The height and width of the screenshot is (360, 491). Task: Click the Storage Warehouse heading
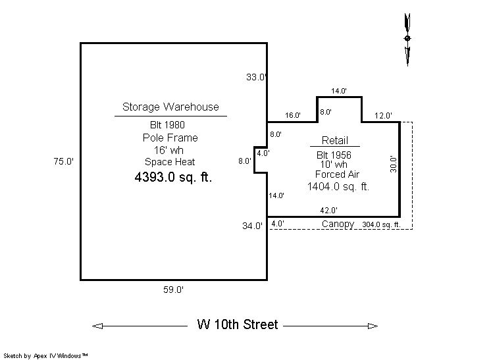tap(170, 107)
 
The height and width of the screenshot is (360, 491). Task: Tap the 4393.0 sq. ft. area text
tap(173, 177)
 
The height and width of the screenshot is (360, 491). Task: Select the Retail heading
tap(335, 140)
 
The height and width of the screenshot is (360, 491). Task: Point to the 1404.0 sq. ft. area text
tap(338, 186)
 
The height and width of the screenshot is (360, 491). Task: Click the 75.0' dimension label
tap(64, 161)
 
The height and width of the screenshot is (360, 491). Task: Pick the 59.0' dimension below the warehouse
tap(173, 290)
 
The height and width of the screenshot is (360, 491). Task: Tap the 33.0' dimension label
tap(256, 77)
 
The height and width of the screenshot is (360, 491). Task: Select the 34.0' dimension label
tap(252, 226)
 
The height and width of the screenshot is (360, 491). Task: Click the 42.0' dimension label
tap(328, 211)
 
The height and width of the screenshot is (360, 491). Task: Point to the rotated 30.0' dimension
tap(394, 165)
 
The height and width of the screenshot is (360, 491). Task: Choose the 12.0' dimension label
tap(383, 116)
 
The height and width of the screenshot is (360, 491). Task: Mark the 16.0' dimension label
tap(292, 115)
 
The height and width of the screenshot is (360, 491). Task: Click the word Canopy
tap(338, 224)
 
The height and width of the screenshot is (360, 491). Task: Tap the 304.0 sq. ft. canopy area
tap(381, 224)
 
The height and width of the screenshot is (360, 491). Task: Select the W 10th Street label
tap(238, 324)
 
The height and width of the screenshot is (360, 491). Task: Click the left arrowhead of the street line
tap(97, 326)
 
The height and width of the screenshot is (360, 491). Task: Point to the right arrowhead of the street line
tap(373, 326)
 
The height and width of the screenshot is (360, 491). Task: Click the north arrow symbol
tap(407, 39)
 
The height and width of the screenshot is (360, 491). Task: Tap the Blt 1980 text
tap(167, 125)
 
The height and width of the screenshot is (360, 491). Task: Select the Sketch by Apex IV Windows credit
tap(45, 355)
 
